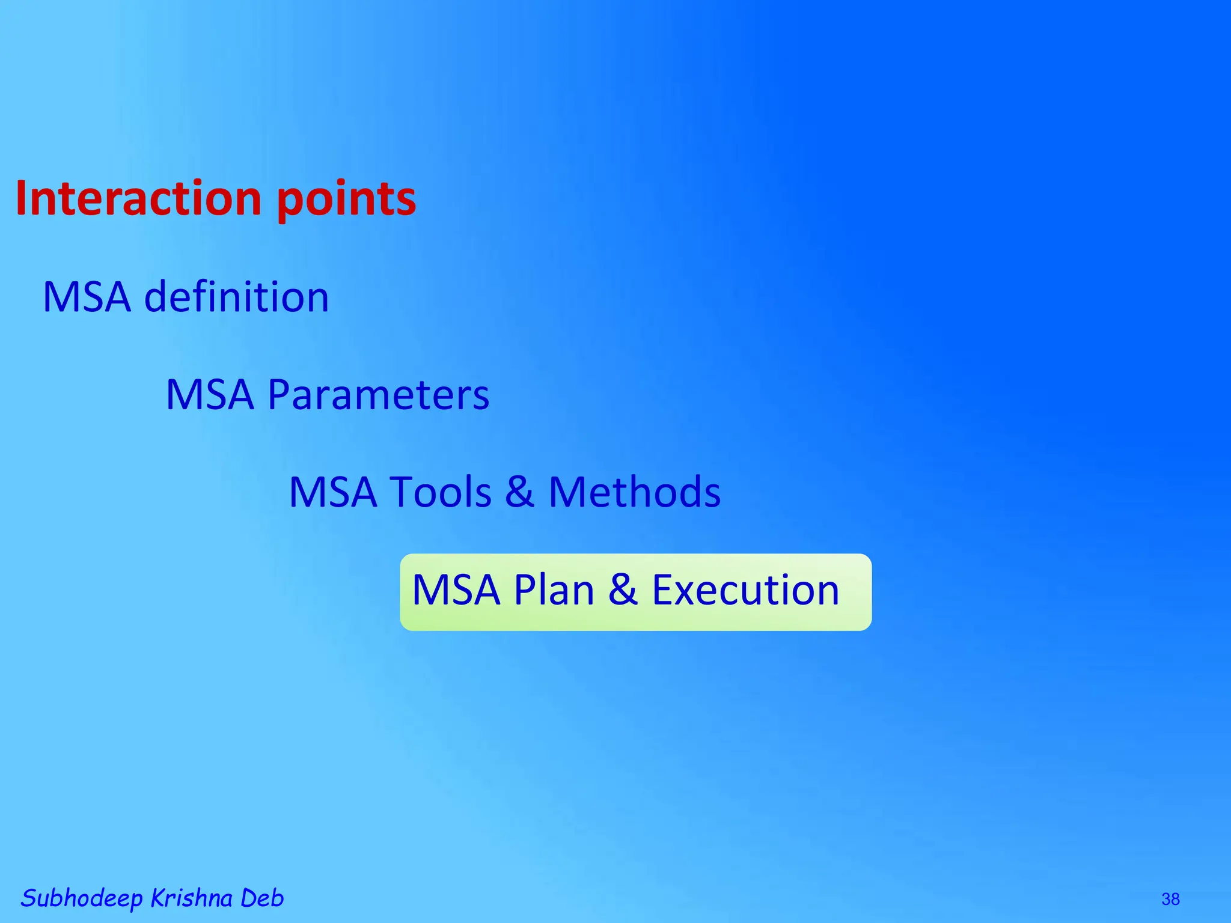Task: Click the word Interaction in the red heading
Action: point(138,198)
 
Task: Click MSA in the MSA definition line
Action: point(87,297)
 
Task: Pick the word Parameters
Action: point(378,395)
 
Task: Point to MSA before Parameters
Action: point(210,395)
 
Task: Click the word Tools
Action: point(441,492)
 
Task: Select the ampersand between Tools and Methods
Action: point(519,492)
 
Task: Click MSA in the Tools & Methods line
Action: point(333,492)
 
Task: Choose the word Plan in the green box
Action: point(554,589)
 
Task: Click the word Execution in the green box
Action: point(745,589)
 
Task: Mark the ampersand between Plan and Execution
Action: point(623,589)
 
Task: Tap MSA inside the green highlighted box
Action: point(456,589)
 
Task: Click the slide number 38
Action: point(1170,899)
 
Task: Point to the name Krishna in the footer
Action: point(191,898)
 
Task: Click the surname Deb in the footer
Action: point(262,898)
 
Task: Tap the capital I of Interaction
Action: point(22,198)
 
